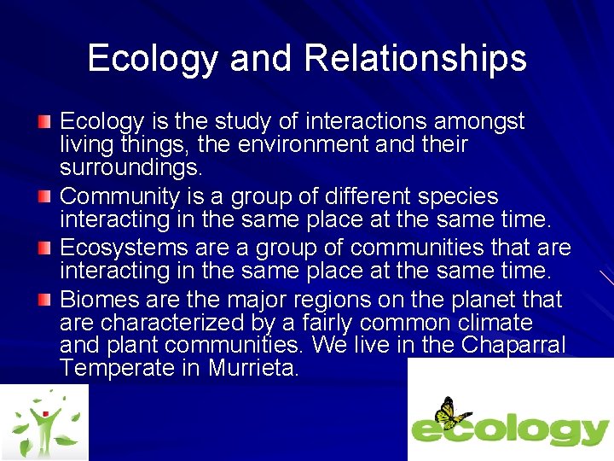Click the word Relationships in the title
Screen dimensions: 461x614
tap(415, 58)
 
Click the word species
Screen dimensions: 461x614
tap(455, 197)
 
